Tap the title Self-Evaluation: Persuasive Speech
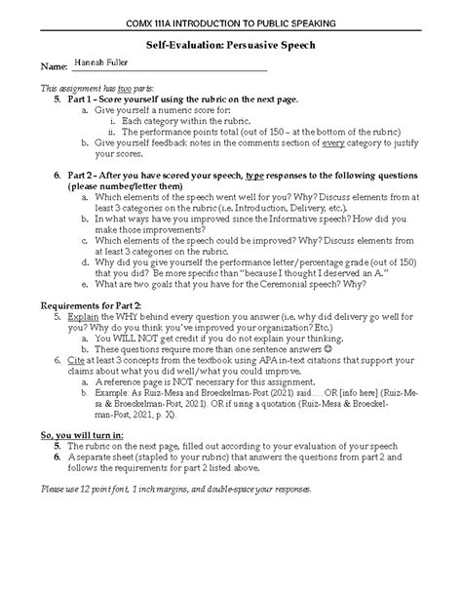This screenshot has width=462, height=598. click(x=231, y=45)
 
